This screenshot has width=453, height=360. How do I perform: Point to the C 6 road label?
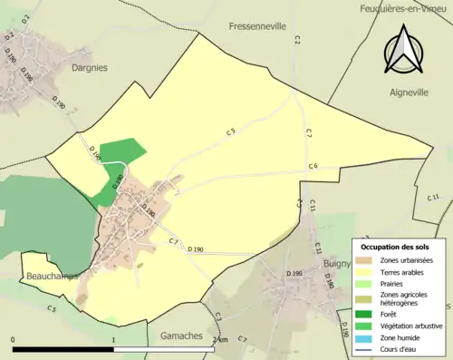pos(313,166)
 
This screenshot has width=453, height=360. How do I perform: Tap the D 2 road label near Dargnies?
pos(10,36)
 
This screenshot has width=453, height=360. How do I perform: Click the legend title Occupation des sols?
pos(395,247)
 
